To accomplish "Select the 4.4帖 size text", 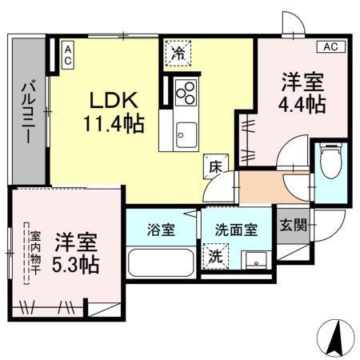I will coord(301,103).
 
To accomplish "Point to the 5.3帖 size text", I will coord(77,264).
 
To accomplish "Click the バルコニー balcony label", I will coord(26,112).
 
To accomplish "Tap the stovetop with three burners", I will coord(185,93).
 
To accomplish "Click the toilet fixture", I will coord(329,162).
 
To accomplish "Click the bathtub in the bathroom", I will coord(160,262).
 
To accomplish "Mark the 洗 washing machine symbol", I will coord(215,257).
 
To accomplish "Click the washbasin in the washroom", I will coord(255,259).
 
